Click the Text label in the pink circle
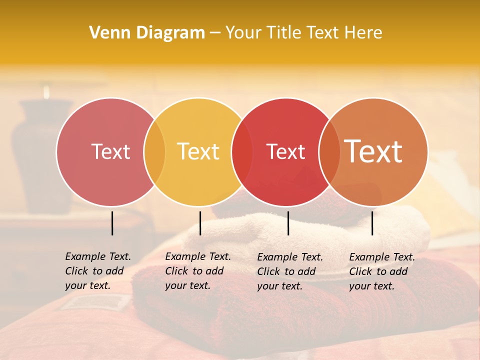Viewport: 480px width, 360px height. click(x=110, y=151)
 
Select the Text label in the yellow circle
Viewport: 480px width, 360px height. click(x=198, y=151)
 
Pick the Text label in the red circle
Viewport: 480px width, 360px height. click(x=285, y=151)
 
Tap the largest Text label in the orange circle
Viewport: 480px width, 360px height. click(x=373, y=151)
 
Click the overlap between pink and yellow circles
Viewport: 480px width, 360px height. click(x=154, y=151)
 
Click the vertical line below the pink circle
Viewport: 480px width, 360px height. click(x=112, y=223)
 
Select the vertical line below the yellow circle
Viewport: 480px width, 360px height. click(x=200, y=223)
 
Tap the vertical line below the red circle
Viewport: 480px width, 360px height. click(x=288, y=223)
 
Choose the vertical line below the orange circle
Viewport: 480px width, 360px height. click(x=372, y=223)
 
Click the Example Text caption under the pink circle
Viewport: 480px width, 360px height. click(x=98, y=271)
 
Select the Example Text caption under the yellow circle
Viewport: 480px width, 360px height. click(x=198, y=271)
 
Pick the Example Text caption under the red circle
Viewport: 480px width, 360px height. click(x=290, y=271)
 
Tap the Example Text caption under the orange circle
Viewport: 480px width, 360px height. click(x=382, y=271)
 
